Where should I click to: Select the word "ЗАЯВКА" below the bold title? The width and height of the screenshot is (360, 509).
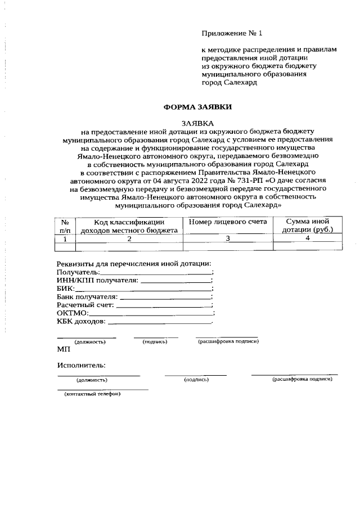197,123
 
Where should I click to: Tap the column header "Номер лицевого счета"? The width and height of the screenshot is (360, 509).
227,222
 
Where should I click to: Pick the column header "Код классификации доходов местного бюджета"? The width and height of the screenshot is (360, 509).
129,226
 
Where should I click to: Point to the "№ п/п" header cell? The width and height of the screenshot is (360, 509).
65,226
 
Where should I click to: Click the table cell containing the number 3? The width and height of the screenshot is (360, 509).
228,238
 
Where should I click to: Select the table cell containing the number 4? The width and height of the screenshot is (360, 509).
308,238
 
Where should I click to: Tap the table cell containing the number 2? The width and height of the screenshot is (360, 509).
129,239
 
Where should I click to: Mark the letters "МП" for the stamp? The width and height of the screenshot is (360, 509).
64,349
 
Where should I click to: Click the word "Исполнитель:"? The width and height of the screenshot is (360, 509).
81,366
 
